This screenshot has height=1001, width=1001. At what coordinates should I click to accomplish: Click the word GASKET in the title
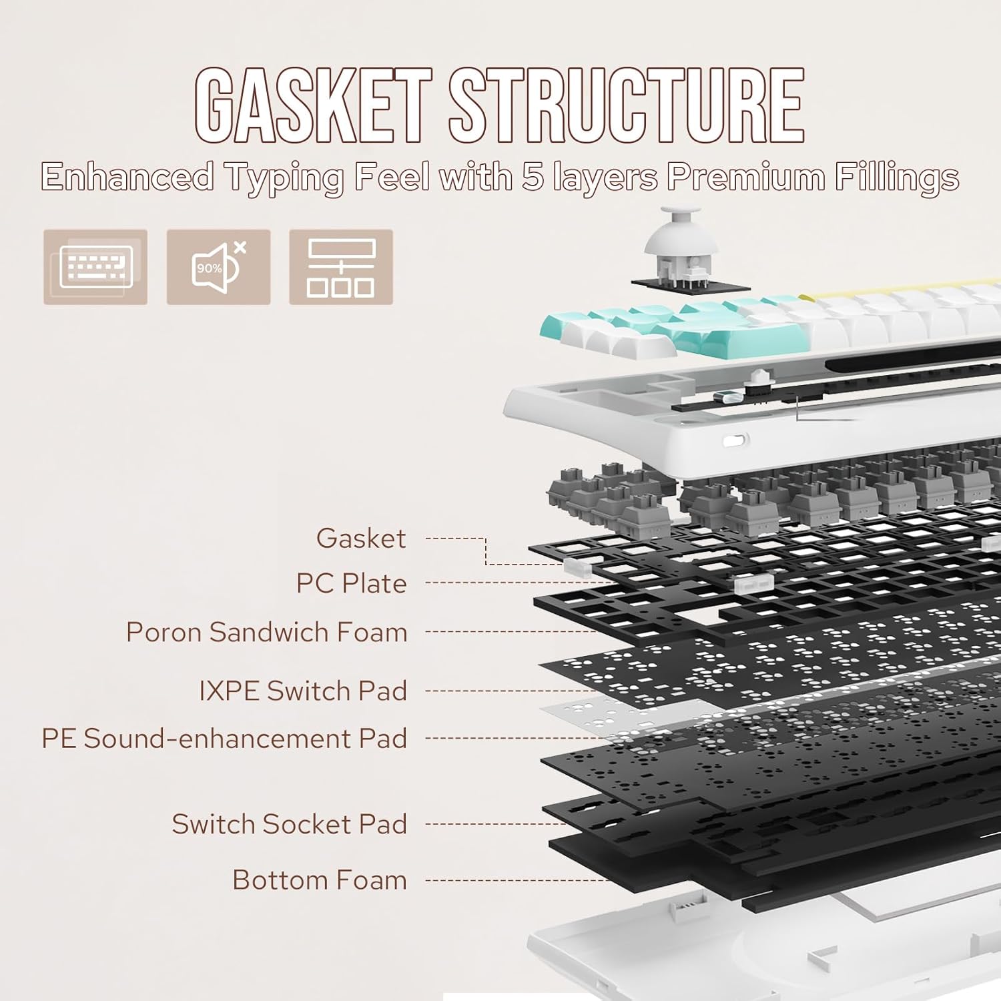click(x=312, y=105)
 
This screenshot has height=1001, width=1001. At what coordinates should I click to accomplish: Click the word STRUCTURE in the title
click(x=626, y=105)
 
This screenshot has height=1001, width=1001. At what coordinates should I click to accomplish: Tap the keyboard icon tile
click(x=95, y=267)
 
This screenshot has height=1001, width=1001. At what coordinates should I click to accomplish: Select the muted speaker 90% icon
click(x=218, y=267)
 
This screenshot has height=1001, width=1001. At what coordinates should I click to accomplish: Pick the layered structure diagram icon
click(x=341, y=267)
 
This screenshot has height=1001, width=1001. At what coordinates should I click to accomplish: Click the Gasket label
click(x=360, y=539)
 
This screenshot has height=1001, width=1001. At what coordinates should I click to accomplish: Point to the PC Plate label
click(x=351, y=583)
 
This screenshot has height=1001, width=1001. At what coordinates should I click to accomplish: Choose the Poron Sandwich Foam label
click(x=266, y=632)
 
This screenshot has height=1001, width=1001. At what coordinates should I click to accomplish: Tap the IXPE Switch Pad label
click(x=302, y=691)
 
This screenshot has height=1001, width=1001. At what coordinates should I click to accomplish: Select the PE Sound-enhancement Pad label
click(x=224, y=739)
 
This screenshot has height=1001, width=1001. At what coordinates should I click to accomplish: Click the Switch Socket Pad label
click(x=289, y=824)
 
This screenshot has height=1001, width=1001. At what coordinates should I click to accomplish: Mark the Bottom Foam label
click(x=319, y=880)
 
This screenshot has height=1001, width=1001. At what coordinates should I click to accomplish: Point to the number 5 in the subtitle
click(x=533, y=178)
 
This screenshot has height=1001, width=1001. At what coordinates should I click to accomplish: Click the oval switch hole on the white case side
click(x=735, y=440)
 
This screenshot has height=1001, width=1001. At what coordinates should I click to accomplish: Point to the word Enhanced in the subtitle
click(x=127, y=178)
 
